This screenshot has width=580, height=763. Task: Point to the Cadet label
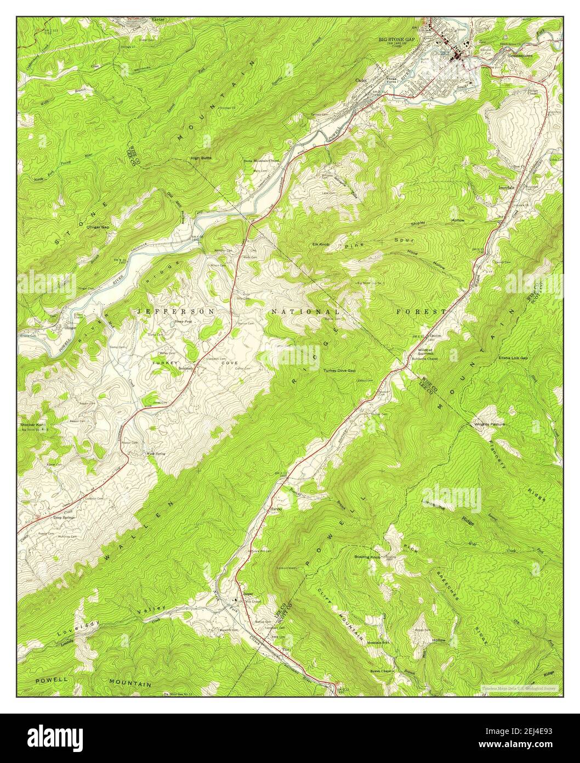click(360, 80)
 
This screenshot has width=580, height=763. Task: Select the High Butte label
click(201, 158)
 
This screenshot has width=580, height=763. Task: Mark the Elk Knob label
click(320, 244)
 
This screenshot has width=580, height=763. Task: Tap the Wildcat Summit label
click(425, 352)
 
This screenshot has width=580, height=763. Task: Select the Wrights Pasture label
click(490, 424)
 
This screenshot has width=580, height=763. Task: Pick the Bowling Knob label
click(367, 557)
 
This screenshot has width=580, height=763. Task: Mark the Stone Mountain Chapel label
click(263, 161)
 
